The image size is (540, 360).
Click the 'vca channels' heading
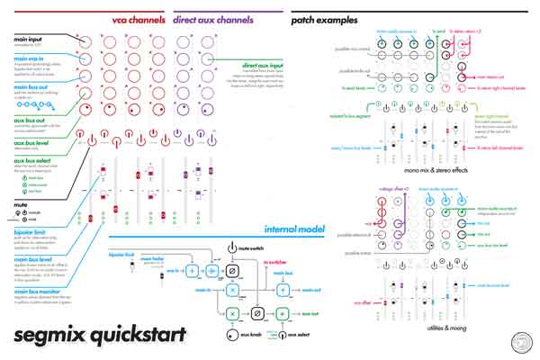pos(138,19)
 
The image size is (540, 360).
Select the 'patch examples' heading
pos(325,19)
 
